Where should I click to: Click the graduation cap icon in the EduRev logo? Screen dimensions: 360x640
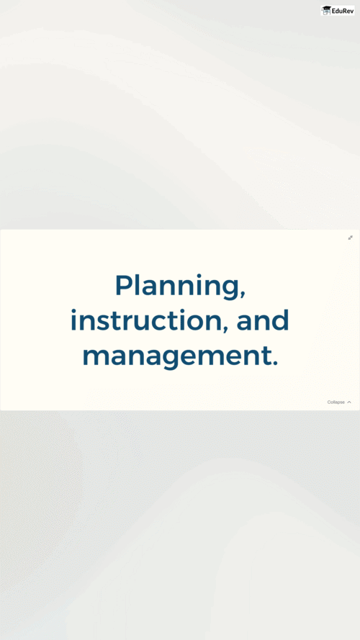(x=326, y=11)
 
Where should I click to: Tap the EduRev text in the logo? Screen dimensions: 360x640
(x=342, y=11)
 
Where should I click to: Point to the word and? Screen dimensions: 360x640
(x=263, y=320)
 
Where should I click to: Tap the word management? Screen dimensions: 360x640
(x=176, y=356)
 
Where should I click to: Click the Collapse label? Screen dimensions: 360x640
(x=336, y=402)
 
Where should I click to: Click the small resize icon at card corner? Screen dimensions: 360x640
(x=350, y=238)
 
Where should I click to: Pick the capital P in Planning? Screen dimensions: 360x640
(x=124, y=284)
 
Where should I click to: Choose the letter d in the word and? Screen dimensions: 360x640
(x=279, y=320)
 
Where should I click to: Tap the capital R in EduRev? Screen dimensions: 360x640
(x=344, y=11)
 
